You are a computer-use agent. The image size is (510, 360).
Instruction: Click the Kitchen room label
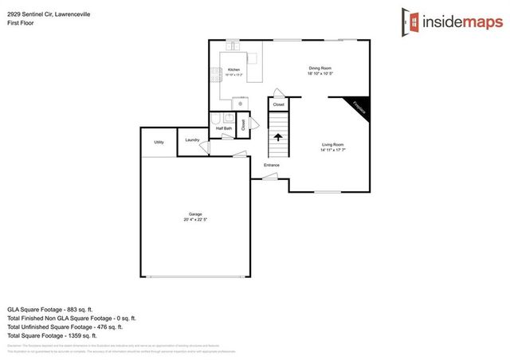[233, 70]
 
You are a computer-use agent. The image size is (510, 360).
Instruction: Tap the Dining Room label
[320, 68]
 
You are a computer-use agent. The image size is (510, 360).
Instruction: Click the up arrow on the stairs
[278, 137]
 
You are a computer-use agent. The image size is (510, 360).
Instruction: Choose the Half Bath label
[224, 128]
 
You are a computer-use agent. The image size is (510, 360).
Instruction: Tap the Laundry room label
[192, 140]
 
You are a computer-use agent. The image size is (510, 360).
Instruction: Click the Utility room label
[159, 142]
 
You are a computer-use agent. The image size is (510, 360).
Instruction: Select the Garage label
[195, 213]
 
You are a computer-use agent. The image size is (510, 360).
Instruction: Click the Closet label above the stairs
[278, 104]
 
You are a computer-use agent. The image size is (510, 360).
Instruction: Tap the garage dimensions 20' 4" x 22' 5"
[195, 219]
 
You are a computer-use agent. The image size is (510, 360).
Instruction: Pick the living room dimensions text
[332, 150]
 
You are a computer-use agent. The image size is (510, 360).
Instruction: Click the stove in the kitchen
[215, 76]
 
